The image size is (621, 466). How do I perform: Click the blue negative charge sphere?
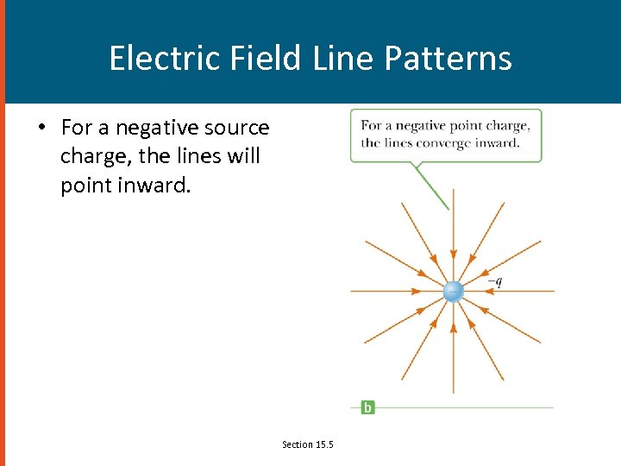click(x=453, y=291)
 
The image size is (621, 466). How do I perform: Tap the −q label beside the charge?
click(x=495, y=280)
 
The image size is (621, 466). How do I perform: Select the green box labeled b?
click(x=367, y=407)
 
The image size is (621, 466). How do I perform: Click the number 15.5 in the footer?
click(x=324, y=444)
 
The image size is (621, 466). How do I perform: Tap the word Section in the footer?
click(x=298, y=444)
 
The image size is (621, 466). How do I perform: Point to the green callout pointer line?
click(x=430, y=186)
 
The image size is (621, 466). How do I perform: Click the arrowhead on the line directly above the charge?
click(x=453, y=256)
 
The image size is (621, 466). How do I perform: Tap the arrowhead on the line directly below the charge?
click(x=453, y=326)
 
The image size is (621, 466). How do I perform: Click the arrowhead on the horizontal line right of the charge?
click(x=486, y=291)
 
